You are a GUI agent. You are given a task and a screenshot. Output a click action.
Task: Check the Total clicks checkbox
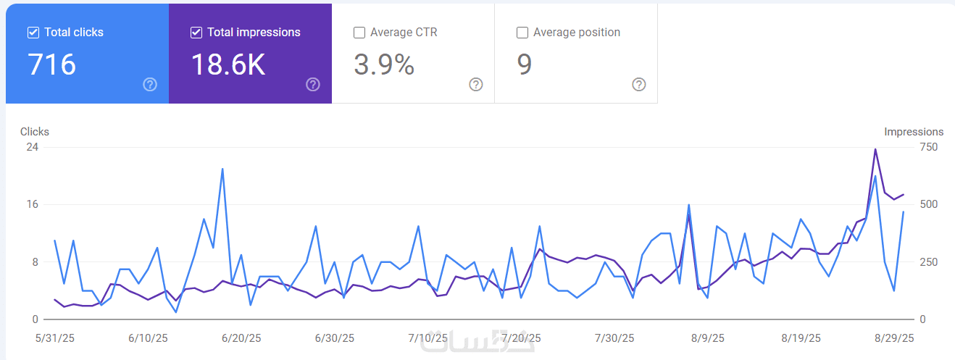[x=33, y=33]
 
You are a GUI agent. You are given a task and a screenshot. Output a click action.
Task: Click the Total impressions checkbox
[x=196, y=33]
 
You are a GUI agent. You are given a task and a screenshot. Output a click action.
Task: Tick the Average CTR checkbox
[x=359, y=33]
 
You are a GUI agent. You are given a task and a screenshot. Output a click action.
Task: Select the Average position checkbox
[x=522, y=33]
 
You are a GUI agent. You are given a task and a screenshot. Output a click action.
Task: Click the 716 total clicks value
[x=51, y=65]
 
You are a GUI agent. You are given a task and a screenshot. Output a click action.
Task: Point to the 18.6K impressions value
[x=228, y=65]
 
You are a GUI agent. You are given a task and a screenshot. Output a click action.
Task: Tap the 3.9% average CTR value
[x=384, y=65]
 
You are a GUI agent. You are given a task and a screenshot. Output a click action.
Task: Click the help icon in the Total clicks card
[x=150, y=85]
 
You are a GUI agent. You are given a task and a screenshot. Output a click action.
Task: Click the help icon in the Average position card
[x=639, y=85]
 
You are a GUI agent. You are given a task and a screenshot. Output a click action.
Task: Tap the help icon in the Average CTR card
[x=476, y=85]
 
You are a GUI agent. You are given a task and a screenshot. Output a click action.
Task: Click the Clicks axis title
[x=35, y=132]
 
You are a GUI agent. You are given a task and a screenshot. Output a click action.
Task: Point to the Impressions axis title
[x=914, y=132]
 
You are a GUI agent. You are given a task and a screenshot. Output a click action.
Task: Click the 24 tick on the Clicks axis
[x=33, y=147]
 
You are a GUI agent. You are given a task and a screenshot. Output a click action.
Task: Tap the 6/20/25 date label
[x=241, y=338]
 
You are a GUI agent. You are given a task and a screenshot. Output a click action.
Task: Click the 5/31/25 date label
[x=54, y=338]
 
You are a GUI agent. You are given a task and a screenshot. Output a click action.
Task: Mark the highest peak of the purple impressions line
[x=875, y=149]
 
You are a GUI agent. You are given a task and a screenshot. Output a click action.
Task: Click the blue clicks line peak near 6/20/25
[x=222, y=169]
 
